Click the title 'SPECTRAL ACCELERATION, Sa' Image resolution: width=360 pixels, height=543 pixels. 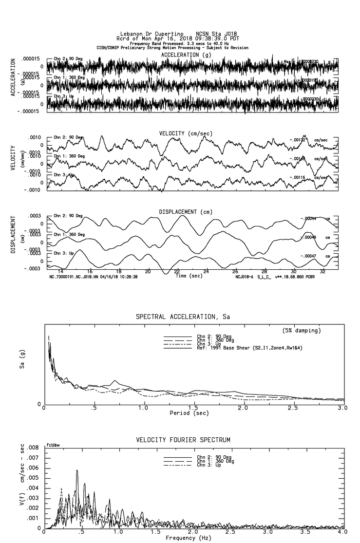pyautogui.click(x=183, y=317)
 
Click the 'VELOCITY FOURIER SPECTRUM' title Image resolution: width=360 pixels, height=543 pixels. pyautogui.click(x=183, y=440)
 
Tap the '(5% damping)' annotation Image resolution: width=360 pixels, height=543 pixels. pyautogui.click(x=302, y=331)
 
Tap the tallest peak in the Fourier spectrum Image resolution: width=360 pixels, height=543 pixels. pyautogui.click(x=77, y=470)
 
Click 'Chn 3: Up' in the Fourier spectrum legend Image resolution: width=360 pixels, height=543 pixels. pyautogui.click(x=210, y=466)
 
